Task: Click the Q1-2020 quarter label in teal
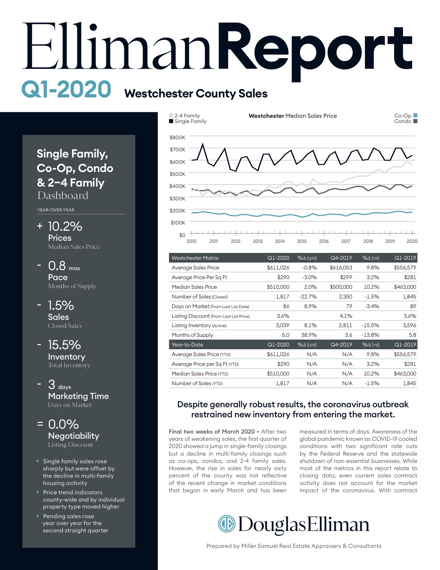coord(66,89)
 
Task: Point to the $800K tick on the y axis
coord(177,137)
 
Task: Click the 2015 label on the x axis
coord(302,241)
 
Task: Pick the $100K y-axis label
coord(178,223)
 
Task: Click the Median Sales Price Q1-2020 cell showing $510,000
coord(278,287)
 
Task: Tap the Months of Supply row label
coord(192,335)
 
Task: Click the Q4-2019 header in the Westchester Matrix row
coord(341,258)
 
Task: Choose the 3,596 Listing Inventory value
coord(409,325)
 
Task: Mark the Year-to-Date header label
coord(187,344)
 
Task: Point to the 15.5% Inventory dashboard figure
coord(64,345)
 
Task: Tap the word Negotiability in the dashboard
coord(74,436)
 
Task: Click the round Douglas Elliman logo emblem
coord(226,524)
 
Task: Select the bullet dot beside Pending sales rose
coord(37,516)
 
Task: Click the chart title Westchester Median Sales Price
coord(293,116)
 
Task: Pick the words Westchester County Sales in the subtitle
coord(196,94)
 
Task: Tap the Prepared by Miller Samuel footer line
coord(294,546)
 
